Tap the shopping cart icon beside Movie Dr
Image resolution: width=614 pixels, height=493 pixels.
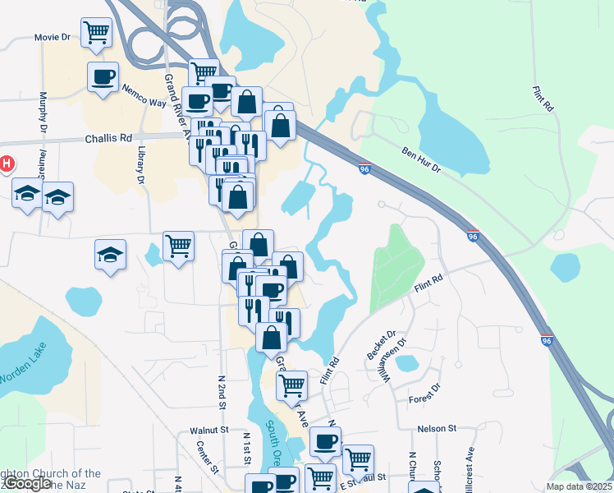(x=97, y=33)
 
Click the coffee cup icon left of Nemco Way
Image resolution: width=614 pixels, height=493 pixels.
(x=103, y=78)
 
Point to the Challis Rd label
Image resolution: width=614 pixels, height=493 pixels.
(x=108, y=139)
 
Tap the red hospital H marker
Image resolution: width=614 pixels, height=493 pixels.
(x=7, y=164)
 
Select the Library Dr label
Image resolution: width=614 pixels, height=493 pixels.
(x=141, y=165)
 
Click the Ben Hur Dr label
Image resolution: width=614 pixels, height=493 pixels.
(x=421, y=159)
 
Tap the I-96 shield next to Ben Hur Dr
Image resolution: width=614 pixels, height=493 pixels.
(x=364, y=168)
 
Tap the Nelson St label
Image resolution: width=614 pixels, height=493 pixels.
(x=436, y=428)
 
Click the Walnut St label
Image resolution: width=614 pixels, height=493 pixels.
(x=208, y=430)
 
